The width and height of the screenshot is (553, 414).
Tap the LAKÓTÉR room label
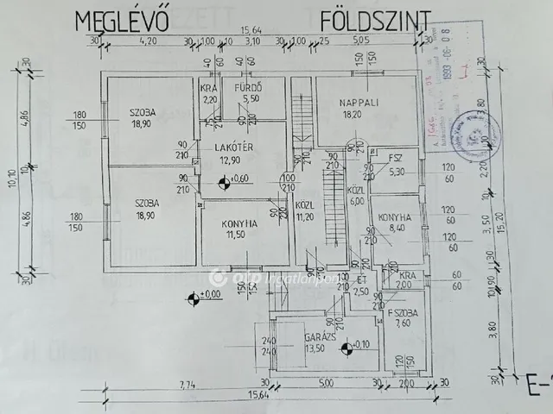(x=232, y=147)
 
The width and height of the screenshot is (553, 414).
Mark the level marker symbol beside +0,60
(x=225, y=180)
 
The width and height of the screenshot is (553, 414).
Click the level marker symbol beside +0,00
(x=191, y=299)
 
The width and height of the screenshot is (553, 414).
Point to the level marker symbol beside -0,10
(x=346, y=348)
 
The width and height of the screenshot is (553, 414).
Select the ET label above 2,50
(x=362, y=280)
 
